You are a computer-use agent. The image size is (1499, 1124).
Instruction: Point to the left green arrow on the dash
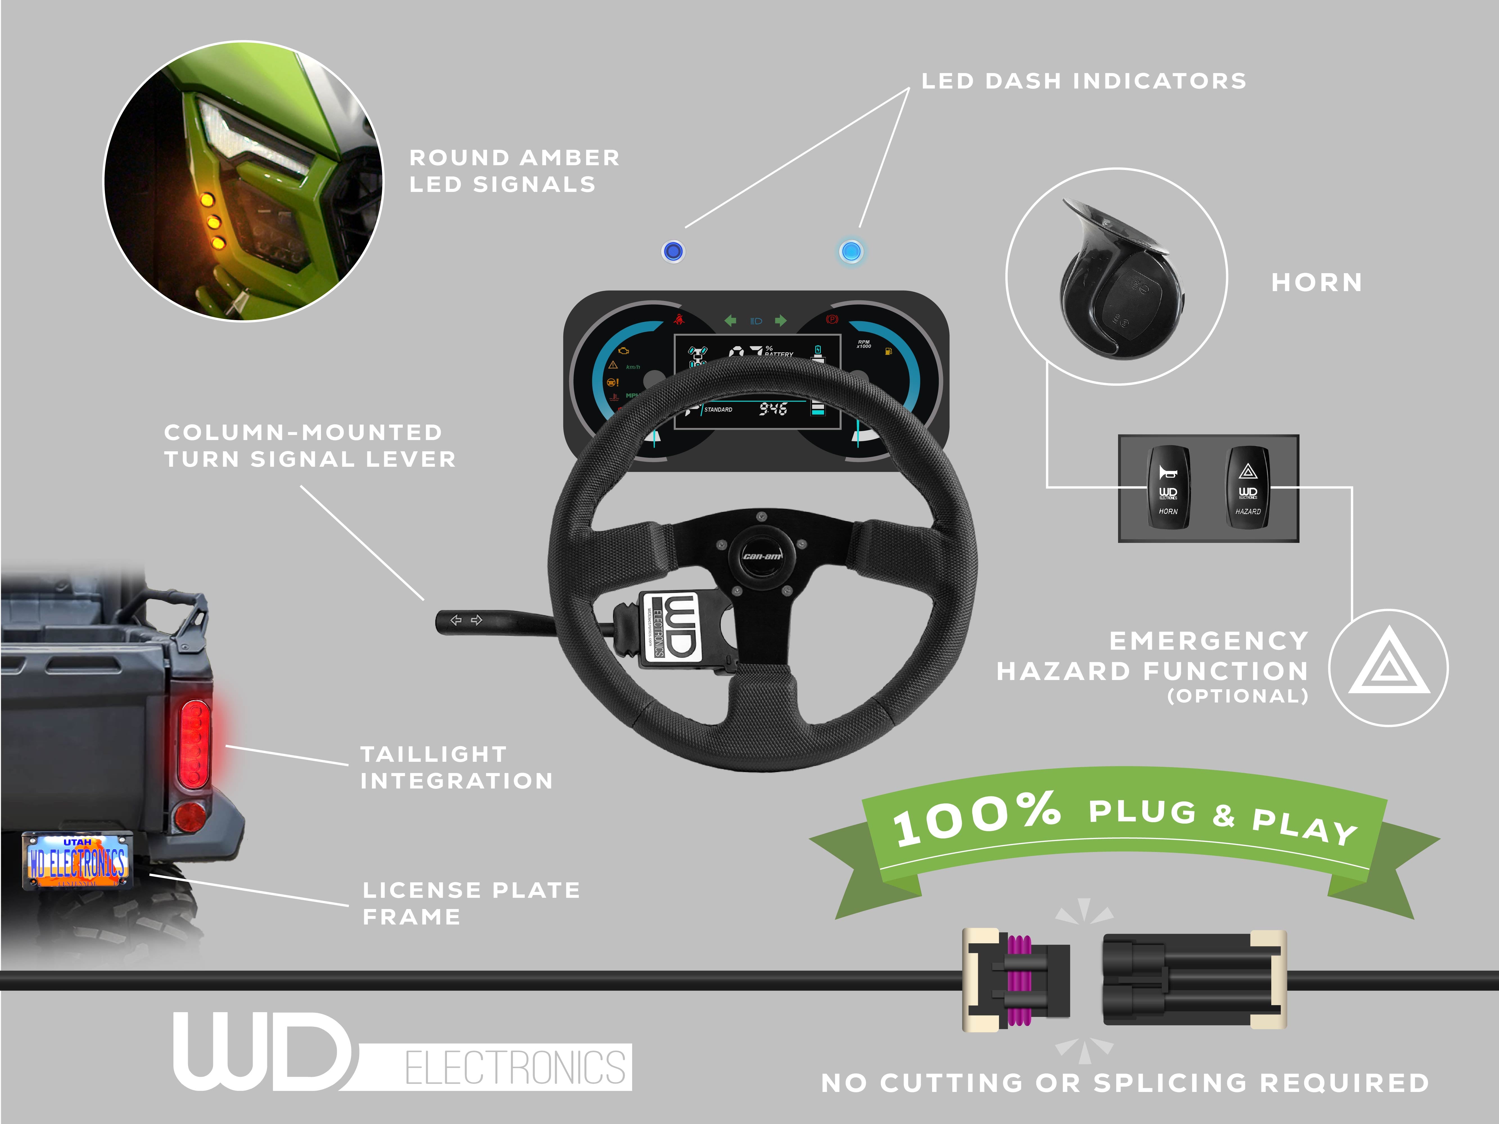[731, 320]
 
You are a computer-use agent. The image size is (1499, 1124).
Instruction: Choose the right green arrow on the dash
[781, 320]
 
